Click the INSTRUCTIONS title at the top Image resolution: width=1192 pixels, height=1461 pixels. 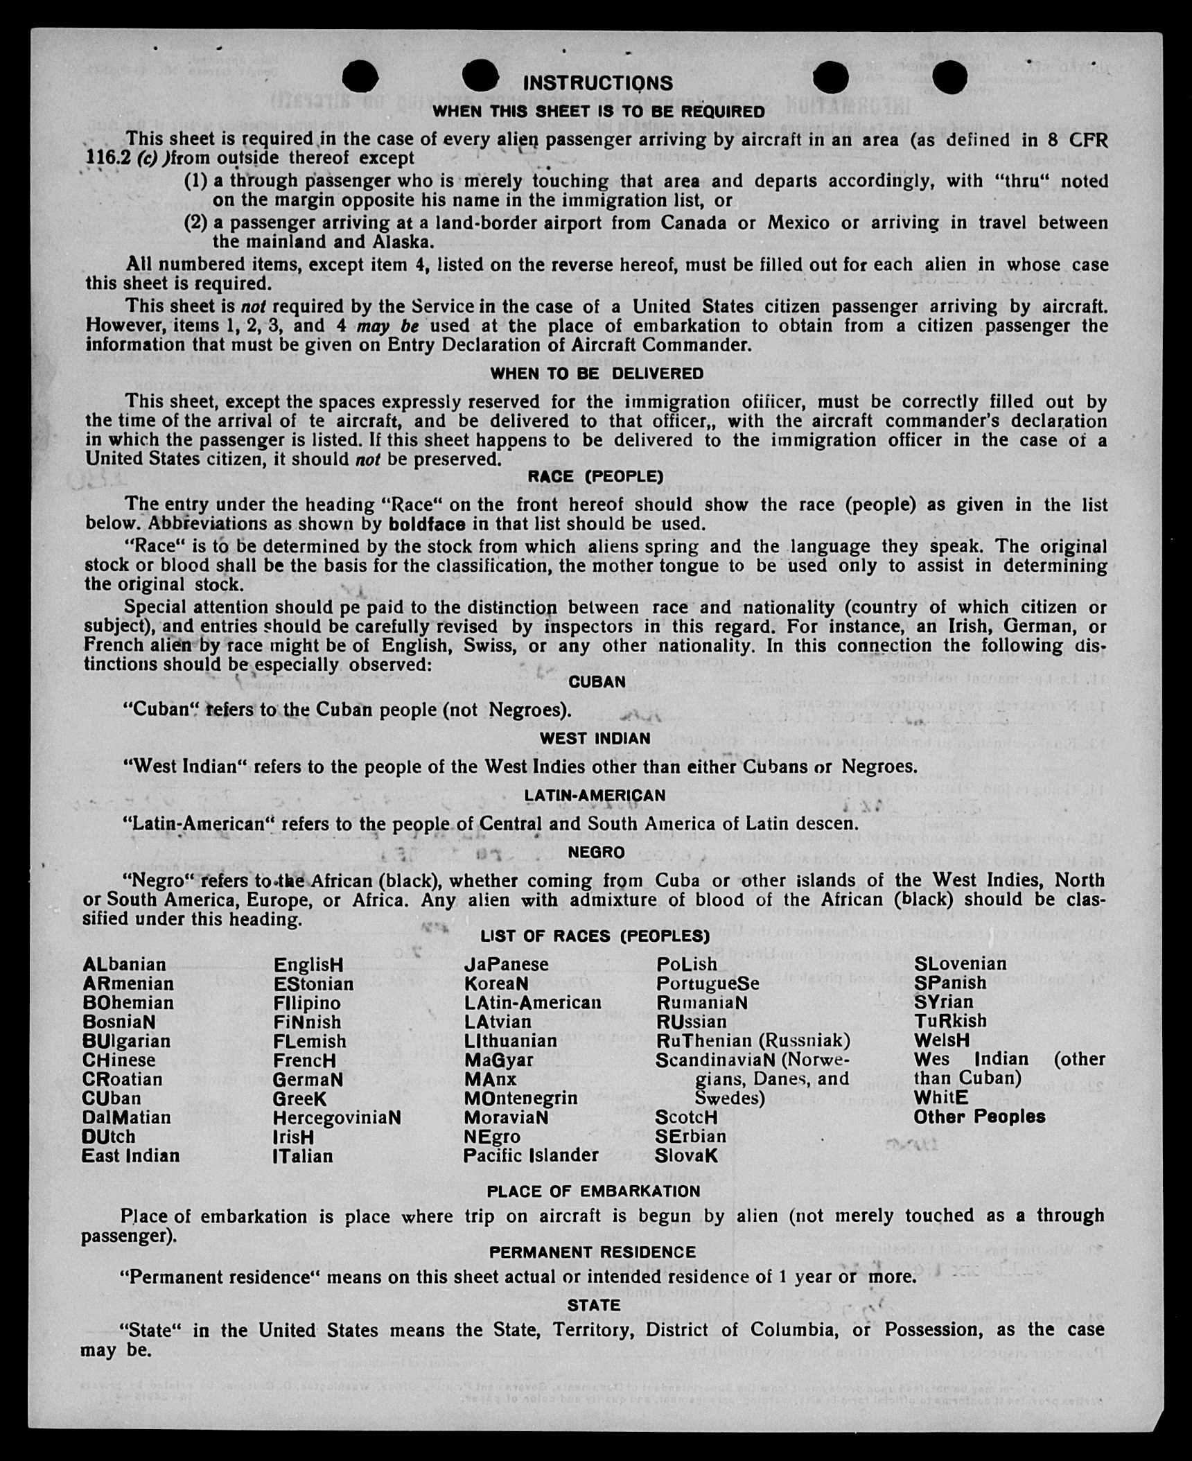(x=597, y=83)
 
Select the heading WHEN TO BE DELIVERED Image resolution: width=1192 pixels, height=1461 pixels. (x=597, y=374)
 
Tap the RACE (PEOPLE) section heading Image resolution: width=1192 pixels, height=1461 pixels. (x=595, y=477)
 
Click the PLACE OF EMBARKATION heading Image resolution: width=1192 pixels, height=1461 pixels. (x=593, y=1191)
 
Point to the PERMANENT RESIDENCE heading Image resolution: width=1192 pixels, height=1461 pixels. (x=593, y=1252)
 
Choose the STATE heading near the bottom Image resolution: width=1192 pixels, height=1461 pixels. (x=594, y=1305)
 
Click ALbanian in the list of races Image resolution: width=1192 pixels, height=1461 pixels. (x=124, y=965)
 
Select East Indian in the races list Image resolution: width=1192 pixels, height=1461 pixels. (x=130, y=1156)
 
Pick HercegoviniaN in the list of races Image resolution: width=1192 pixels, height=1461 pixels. (x=337, y=1118)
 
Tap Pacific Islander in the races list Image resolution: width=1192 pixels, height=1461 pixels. (x=531, y=1155)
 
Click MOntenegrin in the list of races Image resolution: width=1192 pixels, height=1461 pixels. (x=520, y=1099)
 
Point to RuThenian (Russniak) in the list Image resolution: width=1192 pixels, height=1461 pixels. (x=753, y=1041)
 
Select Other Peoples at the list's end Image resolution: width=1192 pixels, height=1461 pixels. (x=979, y=1117)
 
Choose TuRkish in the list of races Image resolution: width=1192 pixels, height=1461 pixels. (x=950, y=1022)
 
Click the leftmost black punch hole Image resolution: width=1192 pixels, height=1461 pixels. (x=360, y=76)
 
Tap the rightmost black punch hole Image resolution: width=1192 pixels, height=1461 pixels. (x=949, y=77)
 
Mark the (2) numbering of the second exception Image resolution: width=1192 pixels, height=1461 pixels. (x=195, y=223)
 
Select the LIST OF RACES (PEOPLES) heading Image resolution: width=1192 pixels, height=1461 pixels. (x=595, y=936)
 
